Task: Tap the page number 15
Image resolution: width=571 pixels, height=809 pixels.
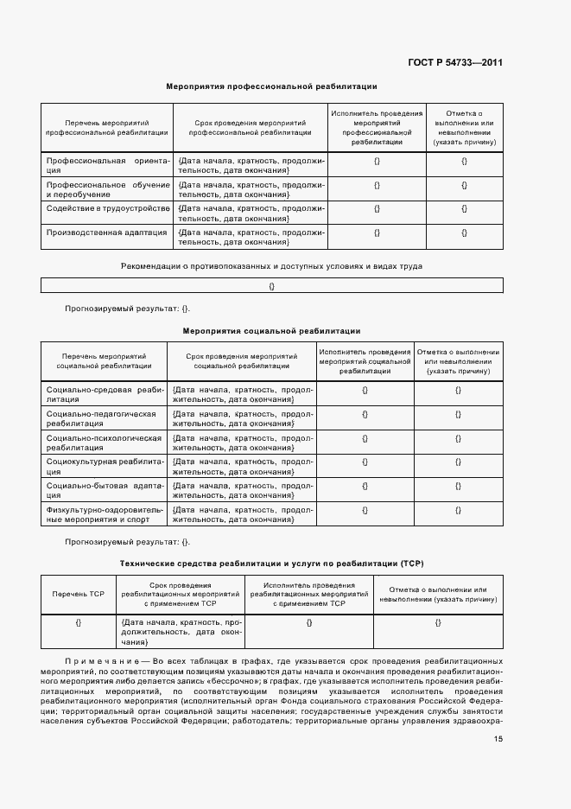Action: coord(498,738)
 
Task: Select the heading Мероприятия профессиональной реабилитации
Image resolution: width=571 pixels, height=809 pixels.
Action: coord(271,86)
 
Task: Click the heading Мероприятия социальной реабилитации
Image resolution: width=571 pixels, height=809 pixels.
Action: coord(271,331)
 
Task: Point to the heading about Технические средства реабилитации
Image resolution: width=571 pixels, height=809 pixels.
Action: coord(271,563)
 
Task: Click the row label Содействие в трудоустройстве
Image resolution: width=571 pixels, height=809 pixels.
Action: coord(106,208)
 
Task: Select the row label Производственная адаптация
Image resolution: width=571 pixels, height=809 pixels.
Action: coord(106,232)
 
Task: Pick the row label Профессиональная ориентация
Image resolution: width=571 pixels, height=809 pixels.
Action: coord(106,166)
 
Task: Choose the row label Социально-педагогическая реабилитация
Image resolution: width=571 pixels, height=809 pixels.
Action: coord(105,419)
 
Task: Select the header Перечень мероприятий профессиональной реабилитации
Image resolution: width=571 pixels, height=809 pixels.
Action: coord(106,129)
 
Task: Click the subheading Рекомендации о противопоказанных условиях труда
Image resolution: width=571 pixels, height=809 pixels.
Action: coord(271,266)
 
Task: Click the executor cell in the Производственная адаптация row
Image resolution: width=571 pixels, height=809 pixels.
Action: coord(377,232)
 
